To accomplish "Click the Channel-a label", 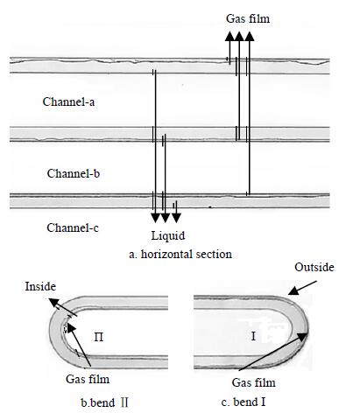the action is pyautogui.click(x=68, y=101).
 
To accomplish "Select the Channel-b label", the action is pyautogui.click(x=74, y=173).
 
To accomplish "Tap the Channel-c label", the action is pyautogui.click(x=73, y=227).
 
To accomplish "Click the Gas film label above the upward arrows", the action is pyautogui.click(x=248, y=18).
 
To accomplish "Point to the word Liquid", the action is pyautogui.click(x=168, y=235).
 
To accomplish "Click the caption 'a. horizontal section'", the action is pyautogui.click(x=180, y=254).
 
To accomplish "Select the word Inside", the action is pyautogui.click(x=40, y=286).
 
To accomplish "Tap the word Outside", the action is pyautogui.click(x=314, y=267).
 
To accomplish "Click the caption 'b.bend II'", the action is pyautogui.click(x=104, y=402).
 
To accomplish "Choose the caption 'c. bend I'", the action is pyautogui.click(x=244, y=402).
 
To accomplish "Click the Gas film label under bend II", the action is pyautogui.click(x=88, y=379).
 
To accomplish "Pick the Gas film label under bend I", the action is pyautogui.click(x=253, y=382).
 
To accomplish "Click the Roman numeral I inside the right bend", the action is pyautogui.click(x=253, y=336).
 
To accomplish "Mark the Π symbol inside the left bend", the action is pyautogui.click(x=99, y=337).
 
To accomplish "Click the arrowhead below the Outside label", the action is pyautogui.click(x=293, y=290).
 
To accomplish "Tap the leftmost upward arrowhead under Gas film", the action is pyautogui.click(x=229, y=37).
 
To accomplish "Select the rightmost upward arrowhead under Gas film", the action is pyautogui.click(x=250, y=37).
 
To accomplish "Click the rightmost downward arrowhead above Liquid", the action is pyautogui.click(x=176, y=218).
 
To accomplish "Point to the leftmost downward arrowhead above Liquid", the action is pyautogui.click(x=156, y=218).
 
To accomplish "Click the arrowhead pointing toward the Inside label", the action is pyautogui.click(x=53, y=302).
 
